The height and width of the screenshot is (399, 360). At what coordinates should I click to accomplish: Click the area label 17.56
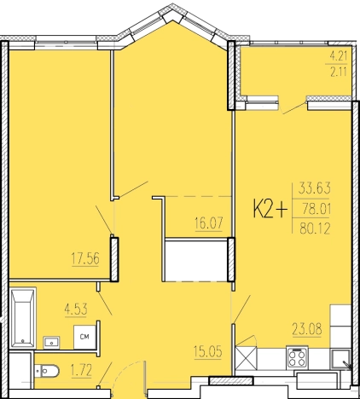85,259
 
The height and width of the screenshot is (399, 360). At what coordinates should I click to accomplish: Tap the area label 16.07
209,223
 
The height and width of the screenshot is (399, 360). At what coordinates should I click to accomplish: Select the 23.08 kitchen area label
307,329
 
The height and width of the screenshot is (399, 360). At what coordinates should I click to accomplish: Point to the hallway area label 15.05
208,352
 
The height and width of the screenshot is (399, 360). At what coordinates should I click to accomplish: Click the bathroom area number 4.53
76,309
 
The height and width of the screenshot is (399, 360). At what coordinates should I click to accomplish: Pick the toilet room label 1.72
81,371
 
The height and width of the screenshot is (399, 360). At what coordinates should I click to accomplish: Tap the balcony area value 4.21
339,56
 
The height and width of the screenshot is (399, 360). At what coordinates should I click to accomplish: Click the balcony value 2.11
339,72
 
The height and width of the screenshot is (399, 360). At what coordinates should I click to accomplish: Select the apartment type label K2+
270,210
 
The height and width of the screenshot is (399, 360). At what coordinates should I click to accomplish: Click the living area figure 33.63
315,188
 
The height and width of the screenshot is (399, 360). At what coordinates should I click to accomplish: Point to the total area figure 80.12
315,228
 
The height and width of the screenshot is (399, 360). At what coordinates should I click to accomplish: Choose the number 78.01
316,210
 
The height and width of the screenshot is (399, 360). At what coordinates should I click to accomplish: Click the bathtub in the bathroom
23,317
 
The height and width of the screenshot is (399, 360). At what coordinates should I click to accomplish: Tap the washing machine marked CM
84,337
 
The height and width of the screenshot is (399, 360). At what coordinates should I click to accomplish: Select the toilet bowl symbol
47,371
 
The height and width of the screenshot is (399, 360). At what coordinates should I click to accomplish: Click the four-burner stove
297,357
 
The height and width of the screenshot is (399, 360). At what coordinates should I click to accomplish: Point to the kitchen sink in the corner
340,360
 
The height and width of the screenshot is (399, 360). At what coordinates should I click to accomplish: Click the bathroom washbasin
51,342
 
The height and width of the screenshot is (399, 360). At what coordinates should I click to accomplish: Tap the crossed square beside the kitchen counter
247,358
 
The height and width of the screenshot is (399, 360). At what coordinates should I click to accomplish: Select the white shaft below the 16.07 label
195,261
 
